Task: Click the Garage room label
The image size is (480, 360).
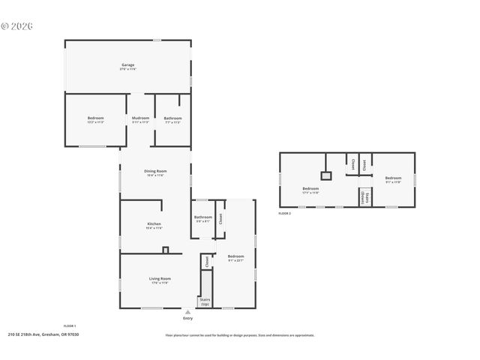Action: point(128,65)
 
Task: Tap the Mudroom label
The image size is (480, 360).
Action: point(140,118)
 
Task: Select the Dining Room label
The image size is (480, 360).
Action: point(155,171)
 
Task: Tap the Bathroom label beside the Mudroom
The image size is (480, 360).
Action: point(172,118)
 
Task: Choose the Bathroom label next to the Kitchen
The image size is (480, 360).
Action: point(202,217)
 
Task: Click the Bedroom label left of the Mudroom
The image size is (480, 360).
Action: point(95,118)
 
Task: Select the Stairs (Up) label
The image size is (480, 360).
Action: point(204,301)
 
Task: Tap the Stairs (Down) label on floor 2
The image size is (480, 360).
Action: point(364,197)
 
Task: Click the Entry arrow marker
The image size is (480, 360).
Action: point(187,311)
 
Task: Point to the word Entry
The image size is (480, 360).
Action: point(187,318)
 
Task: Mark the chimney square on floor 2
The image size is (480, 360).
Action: point(325,175)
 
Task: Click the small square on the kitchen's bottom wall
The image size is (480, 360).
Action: point(166,250)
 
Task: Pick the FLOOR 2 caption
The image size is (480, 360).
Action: point(284,214)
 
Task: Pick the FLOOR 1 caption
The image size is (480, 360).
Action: point(69,326)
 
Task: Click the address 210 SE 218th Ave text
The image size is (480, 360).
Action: point(43,334)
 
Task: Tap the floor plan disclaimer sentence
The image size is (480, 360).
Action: point(239,335)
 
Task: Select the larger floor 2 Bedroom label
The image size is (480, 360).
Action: point(310,189)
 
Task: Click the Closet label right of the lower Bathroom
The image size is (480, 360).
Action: point(220,218)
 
